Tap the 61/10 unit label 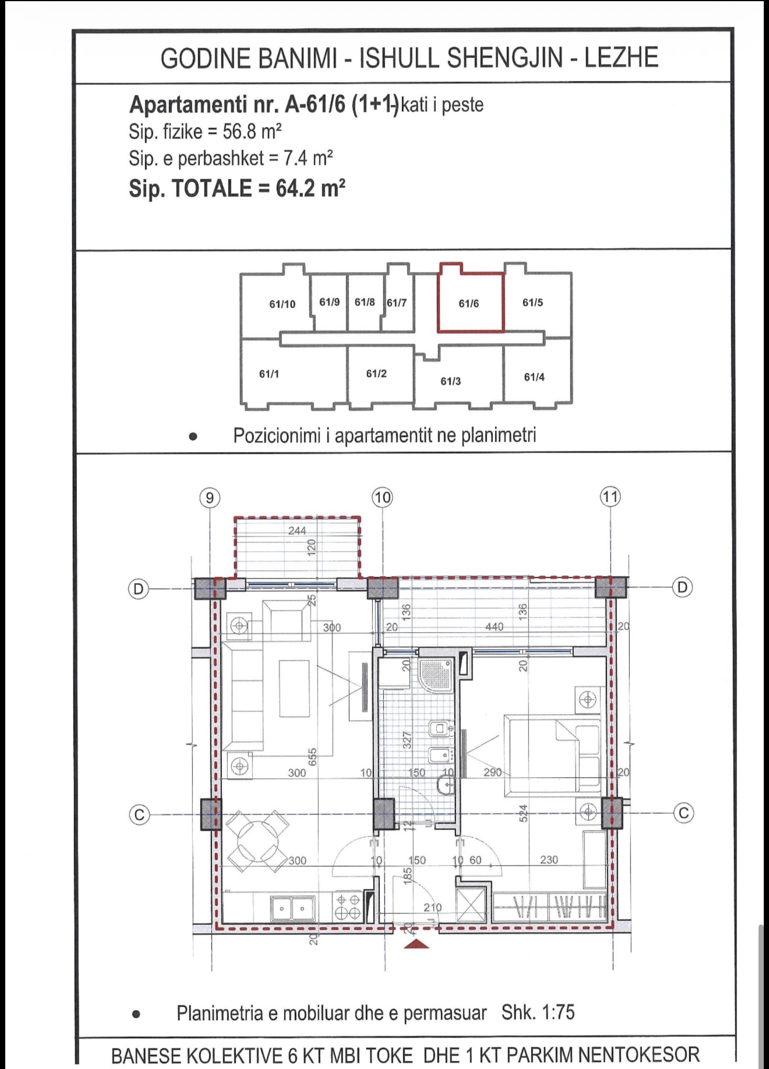[283, 304]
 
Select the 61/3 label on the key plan [450, 381]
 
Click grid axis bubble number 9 [210, 498]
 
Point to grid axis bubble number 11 [611, 497]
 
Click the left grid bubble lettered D [139, 588]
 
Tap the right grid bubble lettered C [683, 813]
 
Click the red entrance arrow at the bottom [417, 943]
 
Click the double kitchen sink [292, 908]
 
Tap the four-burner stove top [348, 907]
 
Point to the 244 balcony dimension [297, 531]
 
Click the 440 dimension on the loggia [494, 627]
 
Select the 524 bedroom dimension [523, 813]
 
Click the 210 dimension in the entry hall [433, 907]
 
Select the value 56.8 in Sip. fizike [239, 132]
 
